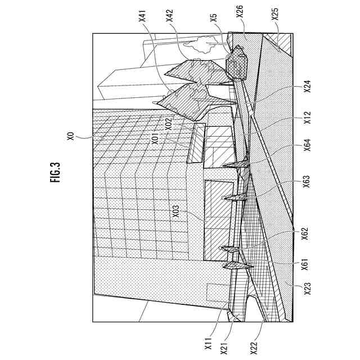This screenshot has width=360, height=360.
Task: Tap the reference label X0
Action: click(70, 136)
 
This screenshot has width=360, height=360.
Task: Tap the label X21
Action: click(224, 344)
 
